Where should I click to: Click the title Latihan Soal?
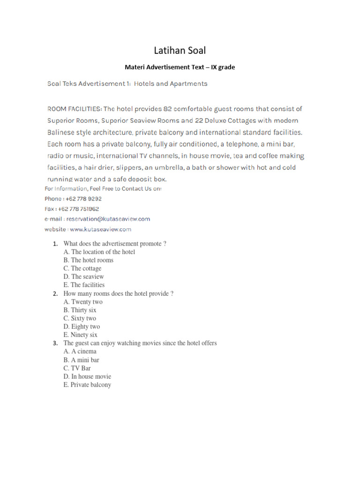click(x=180, y=50)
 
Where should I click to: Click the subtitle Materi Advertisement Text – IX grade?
click(x=180, y=67)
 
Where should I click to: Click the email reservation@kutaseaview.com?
click(x=108, y=219)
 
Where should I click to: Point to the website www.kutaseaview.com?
click(x=101, y=229)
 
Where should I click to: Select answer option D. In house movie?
click(x=88, y=376)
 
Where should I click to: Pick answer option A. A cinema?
click(x=80, y=352)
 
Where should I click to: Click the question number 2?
click(x=55, y=294)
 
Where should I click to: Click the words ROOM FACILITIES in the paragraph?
click(x=74, y=109)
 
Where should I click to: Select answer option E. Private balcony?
click(x=88, y=385)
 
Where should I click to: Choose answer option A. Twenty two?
click(x=83, y=302)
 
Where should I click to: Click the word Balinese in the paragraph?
click(x=64, y=132)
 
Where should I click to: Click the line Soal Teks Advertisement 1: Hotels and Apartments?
click(x=127, y=84)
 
